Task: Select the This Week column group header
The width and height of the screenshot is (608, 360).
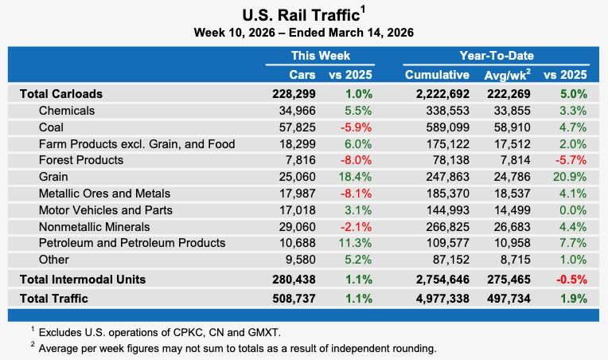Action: click(320, 56)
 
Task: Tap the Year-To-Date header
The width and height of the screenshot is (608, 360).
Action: click(496, 56)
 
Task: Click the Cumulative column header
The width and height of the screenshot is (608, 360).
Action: click(437, 75)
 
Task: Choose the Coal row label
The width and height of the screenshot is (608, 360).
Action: click(52, 127)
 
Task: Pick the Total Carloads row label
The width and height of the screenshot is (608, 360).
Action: click(60, 93)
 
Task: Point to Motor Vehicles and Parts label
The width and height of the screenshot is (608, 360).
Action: click(105, 210)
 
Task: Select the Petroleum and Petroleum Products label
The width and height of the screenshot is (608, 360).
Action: click(132, 243)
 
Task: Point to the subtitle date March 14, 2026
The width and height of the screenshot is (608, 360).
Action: click(368, 33)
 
